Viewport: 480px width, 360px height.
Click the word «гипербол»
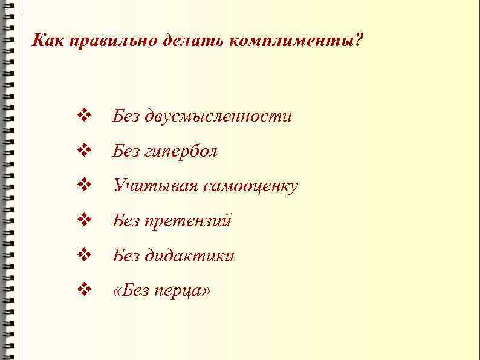click(181, 151)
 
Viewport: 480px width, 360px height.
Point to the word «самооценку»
click(250, 186)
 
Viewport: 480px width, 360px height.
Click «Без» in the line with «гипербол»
click(126, 151)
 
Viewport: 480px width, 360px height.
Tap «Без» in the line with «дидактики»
click(126, 257)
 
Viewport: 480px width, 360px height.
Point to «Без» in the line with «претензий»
click(126, 221)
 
